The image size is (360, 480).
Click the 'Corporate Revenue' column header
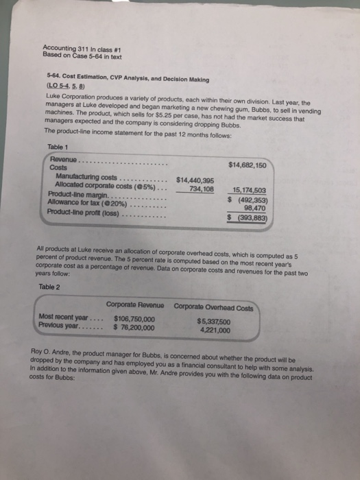click(135, 304)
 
